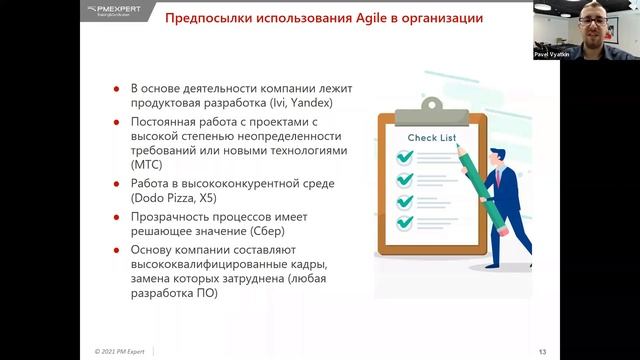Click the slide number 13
pyautogui.click(x=542, y=350)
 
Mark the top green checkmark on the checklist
pyautogui.click(x=405, y=157)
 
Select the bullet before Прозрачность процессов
pyautogui.click(x=121, y=217)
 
